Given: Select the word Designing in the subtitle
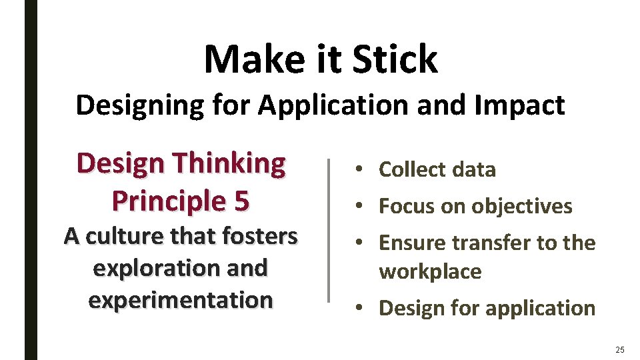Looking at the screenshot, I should (x=130, y=105).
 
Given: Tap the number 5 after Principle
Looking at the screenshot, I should (x=241, y=201).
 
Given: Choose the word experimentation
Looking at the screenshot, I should (x=181, y=300).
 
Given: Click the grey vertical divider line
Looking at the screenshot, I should (x=328, y=230).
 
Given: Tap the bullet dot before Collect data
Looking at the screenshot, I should (x=359, y=170).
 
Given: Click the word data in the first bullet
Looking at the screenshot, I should (x=473, y=170).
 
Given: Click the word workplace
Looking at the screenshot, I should (x=430, y=272).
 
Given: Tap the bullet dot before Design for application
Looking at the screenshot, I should (x=359, y=308).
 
